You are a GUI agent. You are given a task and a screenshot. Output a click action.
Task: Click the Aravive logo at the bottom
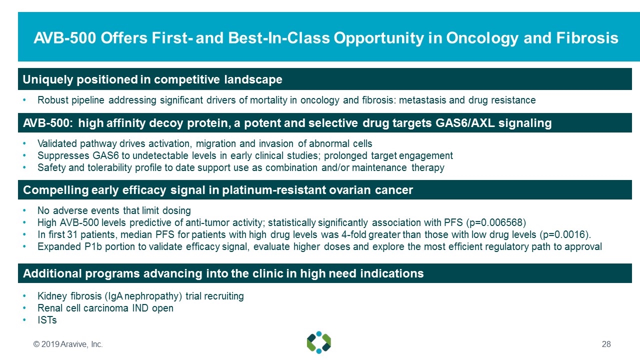point(319,342)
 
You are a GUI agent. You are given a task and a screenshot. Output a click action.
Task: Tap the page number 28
point(606,344)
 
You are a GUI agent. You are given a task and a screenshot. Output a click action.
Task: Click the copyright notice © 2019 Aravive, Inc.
point(68,344)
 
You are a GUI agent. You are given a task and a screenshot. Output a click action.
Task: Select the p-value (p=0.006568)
point(496,222)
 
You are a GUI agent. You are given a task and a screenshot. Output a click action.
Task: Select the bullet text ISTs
point(47,320)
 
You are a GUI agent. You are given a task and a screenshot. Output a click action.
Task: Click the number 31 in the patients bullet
point(72,234)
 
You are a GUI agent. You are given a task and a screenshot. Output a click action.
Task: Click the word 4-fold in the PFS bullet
point(353,234)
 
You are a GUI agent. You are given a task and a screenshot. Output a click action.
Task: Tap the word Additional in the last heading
point(52,273)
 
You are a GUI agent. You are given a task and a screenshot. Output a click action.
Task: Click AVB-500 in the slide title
point(65,38)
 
